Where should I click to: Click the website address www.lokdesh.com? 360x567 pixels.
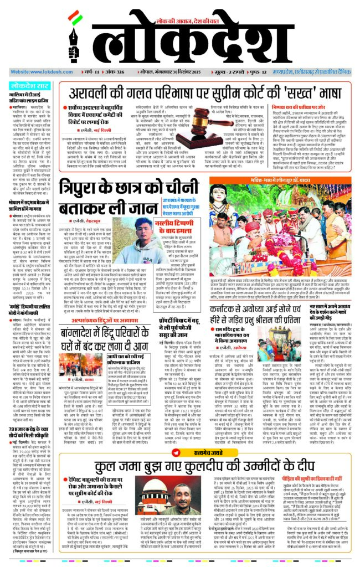[34, 72]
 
